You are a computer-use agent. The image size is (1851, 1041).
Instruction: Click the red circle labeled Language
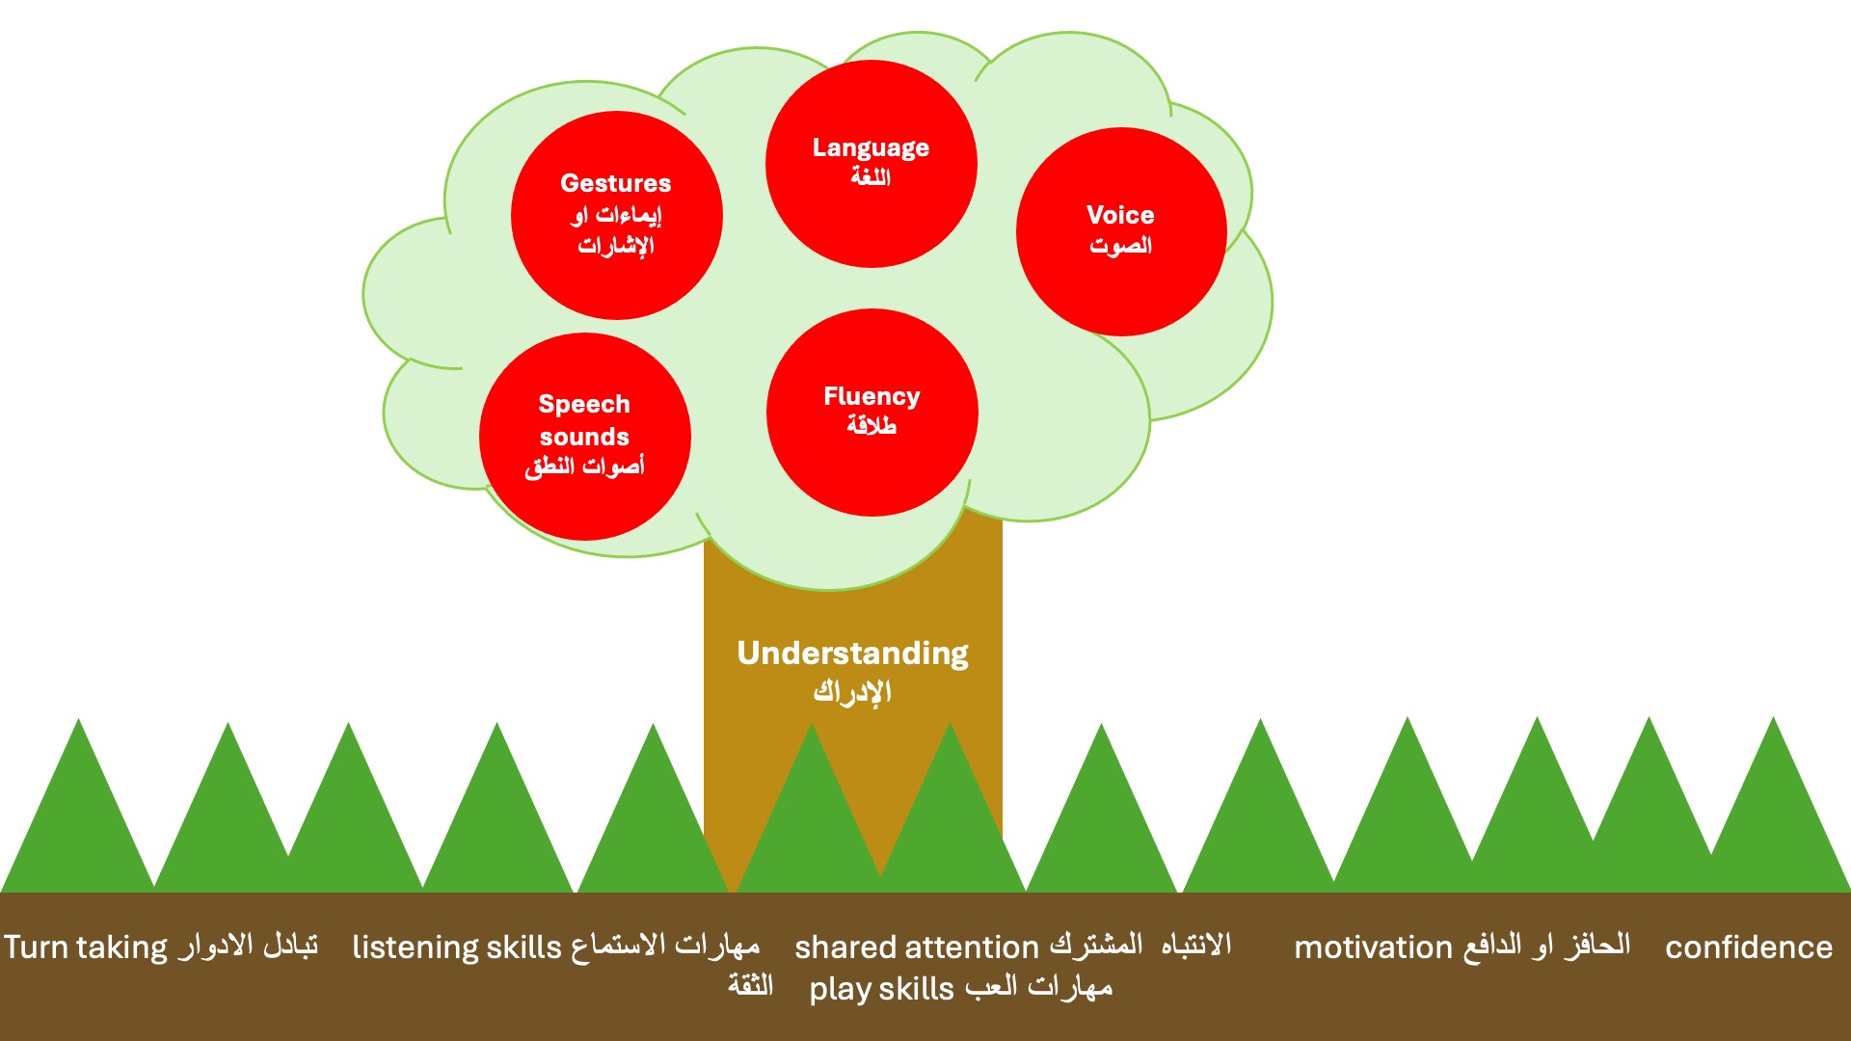pyautogui.click(x=871, y=163)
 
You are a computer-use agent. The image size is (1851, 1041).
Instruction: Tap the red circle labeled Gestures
pyautogui.click(x=616, y=215)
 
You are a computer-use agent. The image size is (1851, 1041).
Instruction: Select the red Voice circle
pyautogui.click(x=1121, y=231)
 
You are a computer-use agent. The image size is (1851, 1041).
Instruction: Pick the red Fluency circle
pyautogui.click(x=872, y=412)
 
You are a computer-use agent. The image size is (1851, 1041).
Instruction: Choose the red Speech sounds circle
pyautogui.click(x=584, y=436)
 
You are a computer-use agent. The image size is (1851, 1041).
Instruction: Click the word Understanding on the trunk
pyautogui.click(x=852, y=654)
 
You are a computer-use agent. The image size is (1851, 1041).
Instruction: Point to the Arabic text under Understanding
pyautogui.click(x=852, y=692)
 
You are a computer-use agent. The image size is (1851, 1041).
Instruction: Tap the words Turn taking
pyautogui.click(x=86, y=948)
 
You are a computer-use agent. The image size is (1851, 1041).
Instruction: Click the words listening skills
pyautogui.click(x=456, y=948)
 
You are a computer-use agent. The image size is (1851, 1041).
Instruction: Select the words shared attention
pyautogui.click(x=917, y=948)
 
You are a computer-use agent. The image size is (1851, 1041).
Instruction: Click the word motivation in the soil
pyautogui.click(x=1373, y=948)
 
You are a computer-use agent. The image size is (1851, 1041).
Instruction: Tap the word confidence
pyautogui.click(x=1749, y=948)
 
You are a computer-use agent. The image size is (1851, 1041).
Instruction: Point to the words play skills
pyautogui.click(x=881, y=989)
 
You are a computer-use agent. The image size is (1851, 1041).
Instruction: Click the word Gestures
pyautogui.click(x=616, y=183)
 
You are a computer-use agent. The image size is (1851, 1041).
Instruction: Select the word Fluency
pyautogui.click(x=872, y=396)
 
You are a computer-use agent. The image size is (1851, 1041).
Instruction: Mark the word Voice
pyautogui.click(x=1120, y=215)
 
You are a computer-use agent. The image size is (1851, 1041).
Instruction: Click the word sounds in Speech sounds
pyautogui.click(x=584, y=437)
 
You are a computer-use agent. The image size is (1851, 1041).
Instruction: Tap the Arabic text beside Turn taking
pyautogui.click(x=247, y=947)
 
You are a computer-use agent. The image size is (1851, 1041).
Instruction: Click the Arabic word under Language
pyautogui.click(x=871, y=176)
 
